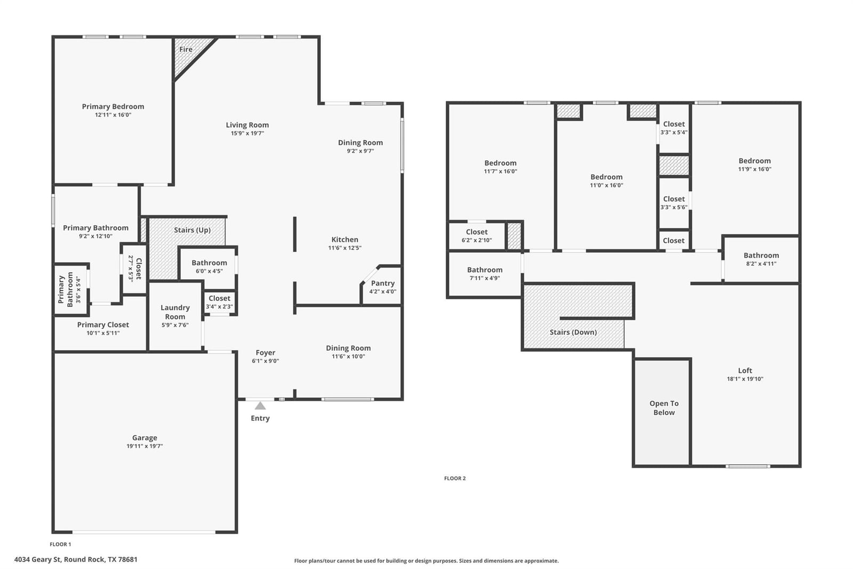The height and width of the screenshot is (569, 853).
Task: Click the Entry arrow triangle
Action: (x=260, y=405)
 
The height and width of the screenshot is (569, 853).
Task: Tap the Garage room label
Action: (x=144, y=438)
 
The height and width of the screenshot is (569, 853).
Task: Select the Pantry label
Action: (x=383, y=283)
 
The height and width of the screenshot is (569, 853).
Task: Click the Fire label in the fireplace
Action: (x=186, y=49)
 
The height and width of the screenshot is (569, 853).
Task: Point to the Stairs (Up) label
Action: (x=192, y=230)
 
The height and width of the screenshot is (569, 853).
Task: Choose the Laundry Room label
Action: (x=175, y=312)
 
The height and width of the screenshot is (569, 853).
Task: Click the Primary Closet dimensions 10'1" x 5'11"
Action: (x=103, y=333)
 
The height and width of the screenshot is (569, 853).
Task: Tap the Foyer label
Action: (x=265, y=352)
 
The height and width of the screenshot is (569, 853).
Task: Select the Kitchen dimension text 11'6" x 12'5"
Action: (x=345, y=248)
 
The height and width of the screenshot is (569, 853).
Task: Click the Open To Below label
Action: (x=664, y=408)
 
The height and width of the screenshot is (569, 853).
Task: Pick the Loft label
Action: (x=745, y=370)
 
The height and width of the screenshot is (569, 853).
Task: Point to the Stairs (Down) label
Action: (x=573, y=332)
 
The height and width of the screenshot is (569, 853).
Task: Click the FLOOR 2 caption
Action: (x=455, y=478)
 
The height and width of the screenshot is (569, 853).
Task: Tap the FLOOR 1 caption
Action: (x=61, y=544)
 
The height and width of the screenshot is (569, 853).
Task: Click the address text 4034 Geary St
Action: (x=37, y=559)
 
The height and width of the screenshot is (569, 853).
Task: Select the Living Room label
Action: (x=247, y=125)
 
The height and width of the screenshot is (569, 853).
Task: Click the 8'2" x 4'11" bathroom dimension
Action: (x=761, y=264)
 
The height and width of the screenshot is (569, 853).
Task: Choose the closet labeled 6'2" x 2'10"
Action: (x=477, y=236)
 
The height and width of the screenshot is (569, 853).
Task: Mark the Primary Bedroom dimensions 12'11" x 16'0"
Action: (x=113, y=115)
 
